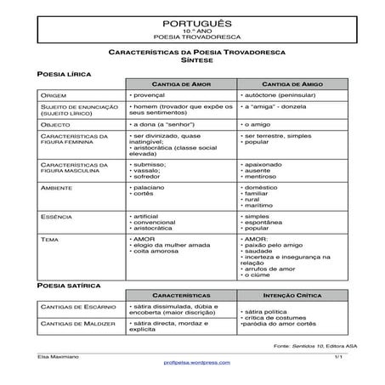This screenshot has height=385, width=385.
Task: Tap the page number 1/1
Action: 337,355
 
